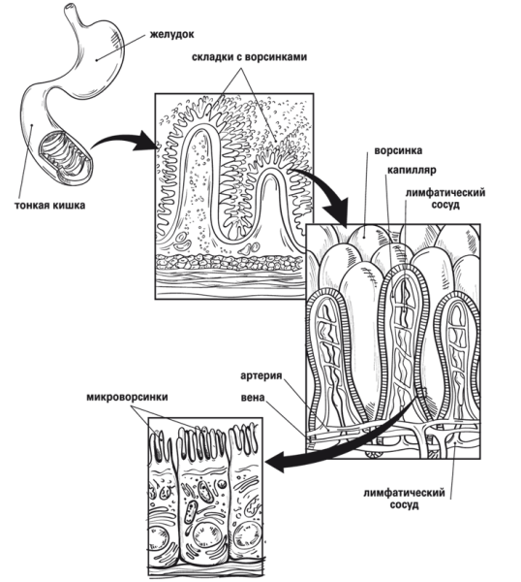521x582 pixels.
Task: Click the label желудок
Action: click(172, 35)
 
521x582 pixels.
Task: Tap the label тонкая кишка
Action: click(50, 206)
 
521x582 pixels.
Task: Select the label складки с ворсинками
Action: click(250, 57)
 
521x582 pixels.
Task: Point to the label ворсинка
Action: click(398, 150)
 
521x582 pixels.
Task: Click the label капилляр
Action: click(412, 171)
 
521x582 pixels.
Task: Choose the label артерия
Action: click(261, 375)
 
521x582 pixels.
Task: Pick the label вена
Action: click(253, 398)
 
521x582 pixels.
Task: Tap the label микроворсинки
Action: click(127, 397)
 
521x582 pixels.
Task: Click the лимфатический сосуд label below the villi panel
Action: click(404, 499)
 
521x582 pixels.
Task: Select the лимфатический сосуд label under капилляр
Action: click(445, 199)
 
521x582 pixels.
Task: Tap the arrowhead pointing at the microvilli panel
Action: click(275, 463)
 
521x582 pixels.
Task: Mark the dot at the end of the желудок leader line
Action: click(96, 60)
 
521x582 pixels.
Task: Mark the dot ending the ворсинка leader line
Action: click(364, 236)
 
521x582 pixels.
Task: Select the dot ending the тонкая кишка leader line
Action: click(32, 125)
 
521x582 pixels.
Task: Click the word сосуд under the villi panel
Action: click(404, 505)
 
